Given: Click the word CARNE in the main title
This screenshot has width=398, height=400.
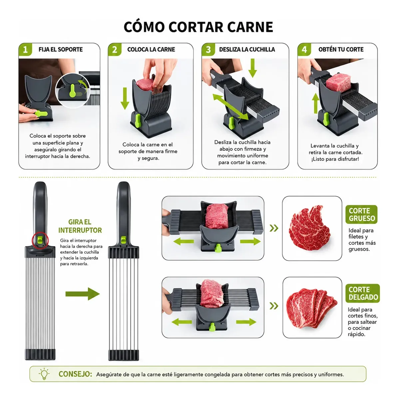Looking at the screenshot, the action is pyautogui.click(x=250, y=27).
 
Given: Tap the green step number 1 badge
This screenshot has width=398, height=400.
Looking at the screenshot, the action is pyautogui.click(x=25, y=50).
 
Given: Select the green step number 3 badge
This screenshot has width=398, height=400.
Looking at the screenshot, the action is pyautogui.click(x=208, y=50).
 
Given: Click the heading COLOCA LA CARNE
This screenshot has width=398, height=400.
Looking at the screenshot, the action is pyautogui.click(x=151, y=49).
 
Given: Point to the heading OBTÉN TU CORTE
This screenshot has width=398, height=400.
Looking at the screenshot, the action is pyautogui.click(x=341, y=49).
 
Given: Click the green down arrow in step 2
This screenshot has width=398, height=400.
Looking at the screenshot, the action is pyautogui.click(x=125, y=98).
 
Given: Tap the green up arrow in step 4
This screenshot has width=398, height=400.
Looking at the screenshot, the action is pyautogui.click(x=316, y=103).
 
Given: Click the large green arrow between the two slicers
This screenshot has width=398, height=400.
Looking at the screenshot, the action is pyautogui.click(x=83, y=294).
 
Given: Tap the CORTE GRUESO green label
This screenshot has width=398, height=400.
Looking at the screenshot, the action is pyautogui.click(x=361, y=214).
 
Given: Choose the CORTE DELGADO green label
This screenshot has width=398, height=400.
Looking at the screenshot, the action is pyautogui.click(x=363, y=293).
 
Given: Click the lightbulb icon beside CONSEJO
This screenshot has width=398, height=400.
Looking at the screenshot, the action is pyautogui.click(x=44, y=374).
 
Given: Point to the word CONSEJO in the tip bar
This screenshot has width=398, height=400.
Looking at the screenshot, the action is pyautogui.click(x=75, y=374).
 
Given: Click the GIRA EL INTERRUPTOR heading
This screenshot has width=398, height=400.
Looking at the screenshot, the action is pyautogui.click(x=80, y=226).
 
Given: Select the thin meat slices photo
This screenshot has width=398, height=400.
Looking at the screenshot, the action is pyautogui.click(x=312, y=308).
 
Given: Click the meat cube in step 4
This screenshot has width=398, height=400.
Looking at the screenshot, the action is pyautogui.click(x=338, y=82).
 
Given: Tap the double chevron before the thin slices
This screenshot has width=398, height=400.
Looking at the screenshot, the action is pyautogui.click(x=274, y=306).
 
